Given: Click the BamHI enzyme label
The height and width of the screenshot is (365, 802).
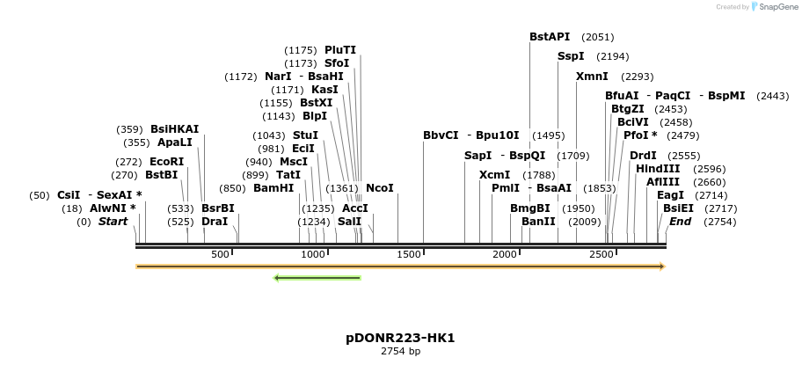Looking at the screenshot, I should point(273,187).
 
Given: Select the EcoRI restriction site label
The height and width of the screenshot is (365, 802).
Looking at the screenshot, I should point(166,162).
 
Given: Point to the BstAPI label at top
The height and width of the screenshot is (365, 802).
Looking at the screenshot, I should point(550,37).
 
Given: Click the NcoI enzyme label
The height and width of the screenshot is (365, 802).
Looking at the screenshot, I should point(379,187).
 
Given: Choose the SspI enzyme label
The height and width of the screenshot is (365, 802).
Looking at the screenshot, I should point(571,56).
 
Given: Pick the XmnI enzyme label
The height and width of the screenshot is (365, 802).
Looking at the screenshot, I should point(592,77).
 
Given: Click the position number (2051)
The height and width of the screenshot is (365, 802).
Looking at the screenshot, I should point(598,37).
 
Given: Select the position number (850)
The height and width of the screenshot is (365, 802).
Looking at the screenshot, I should point(232,187).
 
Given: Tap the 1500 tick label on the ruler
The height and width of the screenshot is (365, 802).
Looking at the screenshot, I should point(410,254).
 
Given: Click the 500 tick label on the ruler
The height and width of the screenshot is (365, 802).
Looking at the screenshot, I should point(220,254).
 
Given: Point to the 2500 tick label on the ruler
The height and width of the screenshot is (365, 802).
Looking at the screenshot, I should point(601,254).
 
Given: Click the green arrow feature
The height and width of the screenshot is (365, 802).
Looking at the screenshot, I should point(317,278).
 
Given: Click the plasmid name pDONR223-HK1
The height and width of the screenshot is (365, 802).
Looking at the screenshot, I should point(400,338).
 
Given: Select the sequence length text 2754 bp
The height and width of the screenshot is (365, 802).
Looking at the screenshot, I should point(400,352).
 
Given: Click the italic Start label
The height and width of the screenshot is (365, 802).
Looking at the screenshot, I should point(113,221).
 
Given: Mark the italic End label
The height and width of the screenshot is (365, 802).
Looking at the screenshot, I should point(680,221).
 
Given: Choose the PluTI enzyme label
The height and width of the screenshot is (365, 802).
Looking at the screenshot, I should point(340,49).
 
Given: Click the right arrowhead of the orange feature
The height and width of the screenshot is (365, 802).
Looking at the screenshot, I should point(662,266).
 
